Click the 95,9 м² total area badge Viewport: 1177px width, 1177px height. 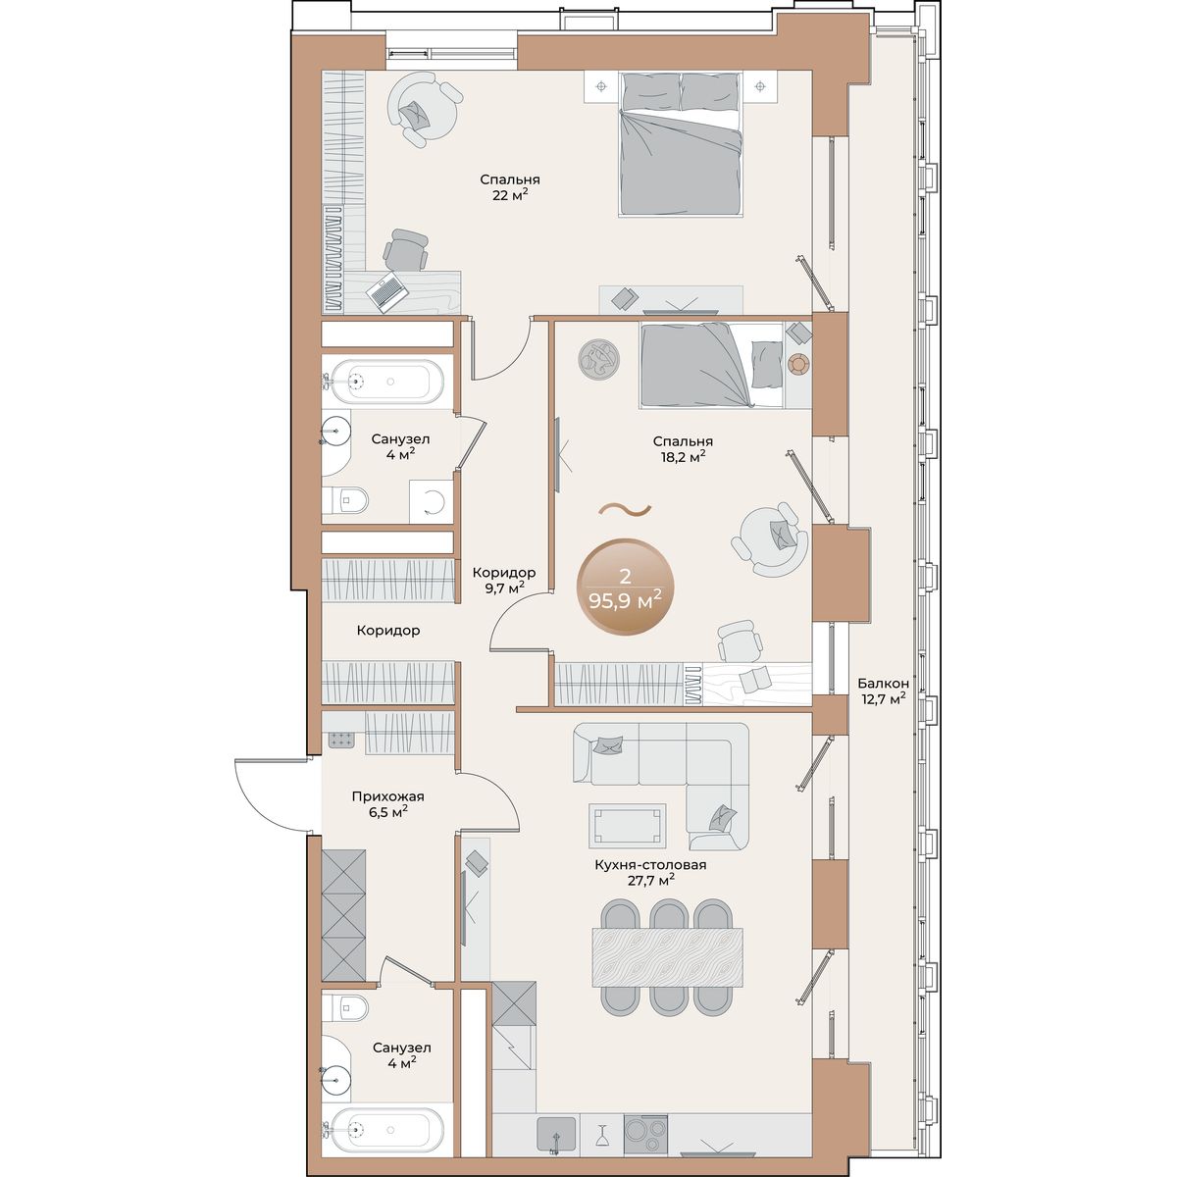pyautogui.click(x=625, y=588)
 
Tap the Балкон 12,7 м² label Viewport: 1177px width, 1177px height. pyautogui.click(x=883, y=691)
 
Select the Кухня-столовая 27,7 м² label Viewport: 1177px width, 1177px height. pyautogui.click(x=650, y=872)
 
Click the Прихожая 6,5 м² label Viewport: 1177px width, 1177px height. pyautogui.click(x=387, y=803)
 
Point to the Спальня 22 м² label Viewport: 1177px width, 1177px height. pyautogui.click(x=510, y=187)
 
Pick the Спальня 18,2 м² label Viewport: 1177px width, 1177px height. pyautogui.click(x=683, y=448)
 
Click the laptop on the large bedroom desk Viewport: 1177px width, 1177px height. pyautogui.click(x=387, y=292)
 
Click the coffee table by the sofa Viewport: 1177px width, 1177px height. pyautogui.click(x=627, y=825)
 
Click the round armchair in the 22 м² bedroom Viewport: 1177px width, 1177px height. pyautogui.click(x=425, y=110)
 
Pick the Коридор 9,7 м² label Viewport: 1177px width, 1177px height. pyautogui.click(x=504, y=580)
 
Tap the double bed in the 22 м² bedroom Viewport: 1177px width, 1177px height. pyautogui.click(x=681, y=144)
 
